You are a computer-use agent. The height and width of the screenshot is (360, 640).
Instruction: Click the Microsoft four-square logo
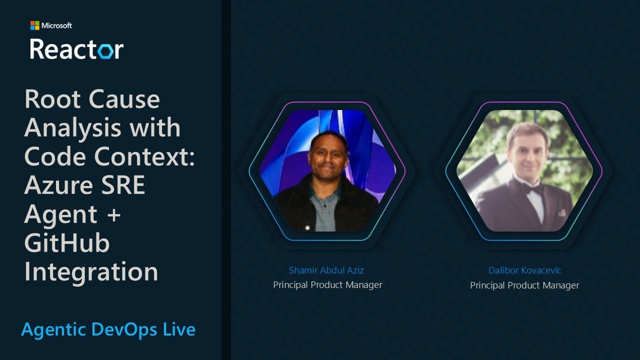pyautogui.click(x=34, y=25)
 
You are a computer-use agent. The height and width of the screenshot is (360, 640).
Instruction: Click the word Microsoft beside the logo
pyautogui.click(x=56, y=25)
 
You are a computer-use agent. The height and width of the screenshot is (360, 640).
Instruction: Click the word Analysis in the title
pyautogui.click(x=68, y=128)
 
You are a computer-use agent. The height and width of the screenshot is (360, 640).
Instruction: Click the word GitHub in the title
pyautogui.click(x=67, y=243)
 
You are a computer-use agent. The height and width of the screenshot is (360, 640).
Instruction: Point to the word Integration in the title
pyautogui.click(x=91, y=272)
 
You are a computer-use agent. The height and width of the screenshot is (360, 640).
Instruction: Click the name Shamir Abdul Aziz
pyautogui.click(x=326, y=270)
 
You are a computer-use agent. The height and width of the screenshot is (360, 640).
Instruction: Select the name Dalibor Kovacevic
pyautogui.click(x=524, y=270)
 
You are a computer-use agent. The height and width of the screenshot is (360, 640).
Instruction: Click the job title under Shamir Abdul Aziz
pyautogui.click(x=327, y=285)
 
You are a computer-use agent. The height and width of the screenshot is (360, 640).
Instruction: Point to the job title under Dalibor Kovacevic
pyautogui.click(x=524, y=285)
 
